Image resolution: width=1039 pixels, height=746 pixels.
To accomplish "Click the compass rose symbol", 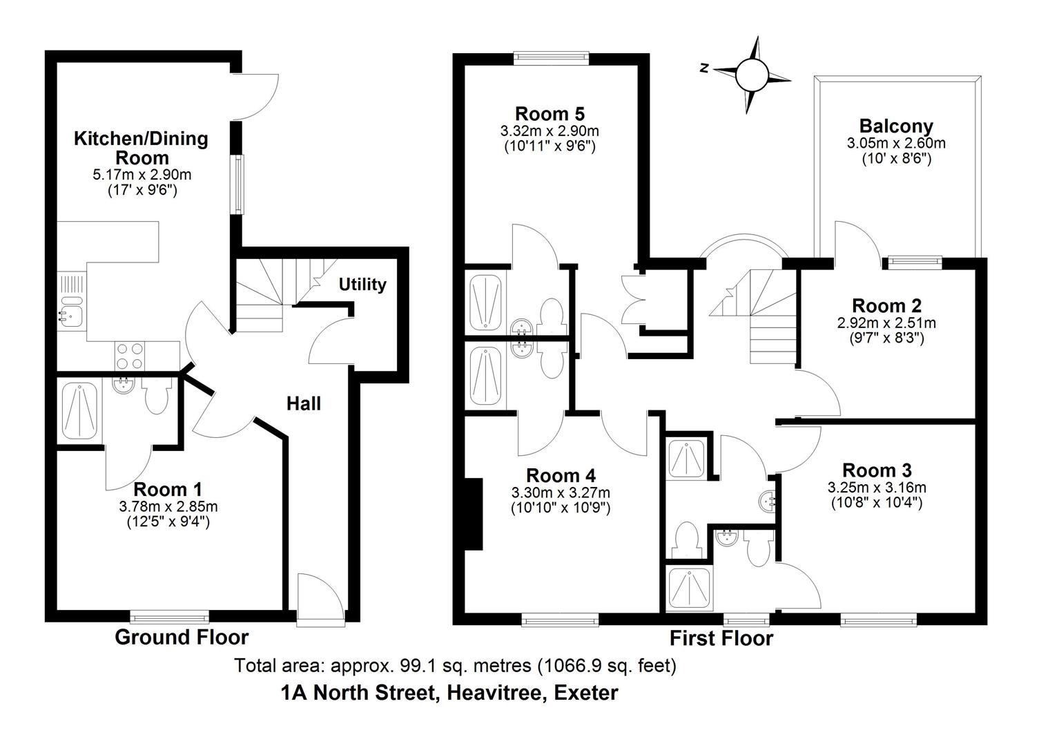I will pyautogui.click(x=751, y=74).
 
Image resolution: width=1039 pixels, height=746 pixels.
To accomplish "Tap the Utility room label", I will pyautogui.click(x=362, y=285).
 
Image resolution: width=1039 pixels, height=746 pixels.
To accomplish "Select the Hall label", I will pyautogui.click(x=304, y=403).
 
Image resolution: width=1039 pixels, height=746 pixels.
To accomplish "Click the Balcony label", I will pyautogui.click(x=896, y=126).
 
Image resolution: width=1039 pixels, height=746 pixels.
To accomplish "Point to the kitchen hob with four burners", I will pyautogui.click(x=129, y=356).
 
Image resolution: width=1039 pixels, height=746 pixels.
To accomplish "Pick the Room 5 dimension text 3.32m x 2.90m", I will pyautogui.click(x=550, y=131).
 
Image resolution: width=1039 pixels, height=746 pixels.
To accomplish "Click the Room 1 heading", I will pyautogui.click(x=168, y=490).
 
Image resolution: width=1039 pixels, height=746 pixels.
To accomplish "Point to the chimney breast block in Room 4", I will pyautogui.click(x=474, y=515).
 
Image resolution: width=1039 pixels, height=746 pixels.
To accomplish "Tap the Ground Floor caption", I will pyautogui.click(x=182, y=637).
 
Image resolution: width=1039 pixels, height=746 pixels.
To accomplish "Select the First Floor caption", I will pyautogui.click(x=721, y=638).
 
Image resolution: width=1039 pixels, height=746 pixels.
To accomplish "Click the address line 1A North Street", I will pyautogui.click(x=449, y=693).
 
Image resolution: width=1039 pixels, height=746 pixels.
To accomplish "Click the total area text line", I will pyautogui.click(x=455, y=666).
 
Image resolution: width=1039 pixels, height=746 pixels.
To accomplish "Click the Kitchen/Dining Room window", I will pyautogui.click(x=238, y=184).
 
